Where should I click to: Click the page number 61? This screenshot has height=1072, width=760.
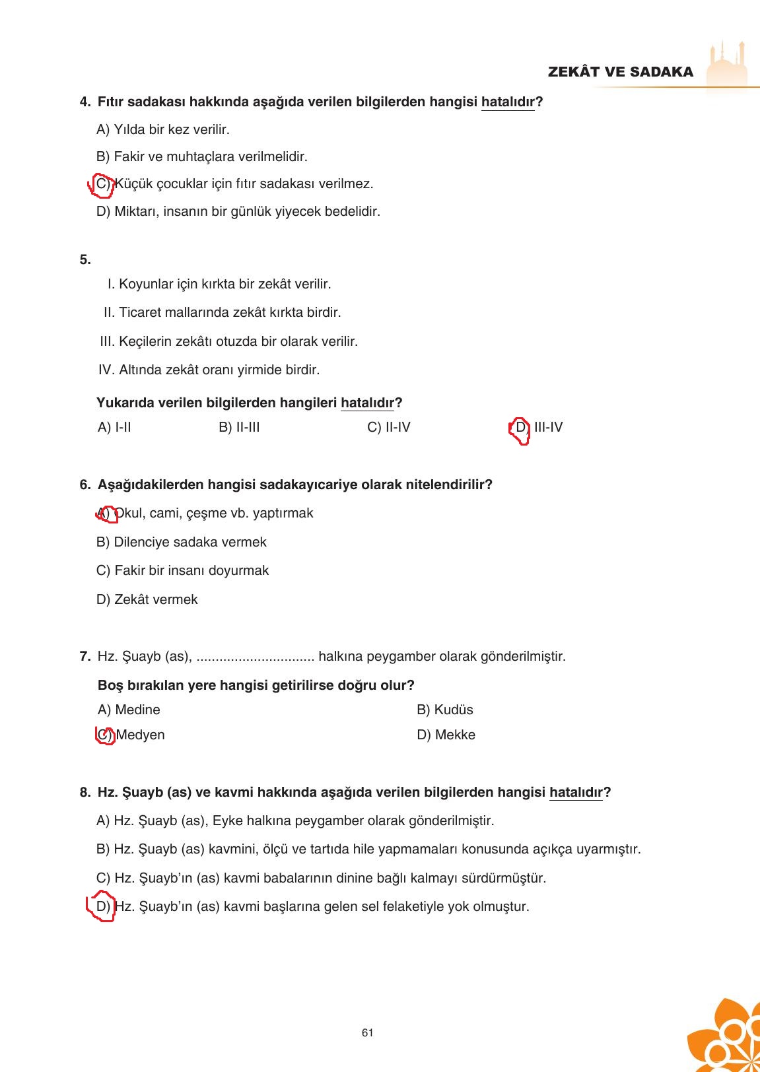tap(368, 1033)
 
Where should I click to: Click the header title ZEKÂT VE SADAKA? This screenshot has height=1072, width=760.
tap(620, 72)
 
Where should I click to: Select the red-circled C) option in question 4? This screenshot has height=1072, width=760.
tap(102, 184)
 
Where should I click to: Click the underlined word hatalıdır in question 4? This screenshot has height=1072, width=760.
tap(507, 102)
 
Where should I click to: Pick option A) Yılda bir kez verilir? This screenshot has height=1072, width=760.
tap(163, 129)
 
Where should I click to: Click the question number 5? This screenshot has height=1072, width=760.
tap(85, 259)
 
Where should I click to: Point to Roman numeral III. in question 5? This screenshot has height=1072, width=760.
tap(107, 342)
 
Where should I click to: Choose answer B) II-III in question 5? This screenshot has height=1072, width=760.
tap(239, 427)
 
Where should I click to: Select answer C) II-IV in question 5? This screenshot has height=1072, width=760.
tap(388, 427)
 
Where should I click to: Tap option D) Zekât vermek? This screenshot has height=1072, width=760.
tap(147, 599)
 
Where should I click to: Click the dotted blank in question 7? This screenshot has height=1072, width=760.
tap(255, 657)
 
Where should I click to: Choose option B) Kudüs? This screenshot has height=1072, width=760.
tap(444, 710)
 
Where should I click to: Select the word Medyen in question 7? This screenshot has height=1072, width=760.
tap(140, 735)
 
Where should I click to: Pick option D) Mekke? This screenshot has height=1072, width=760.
tap(446, 735)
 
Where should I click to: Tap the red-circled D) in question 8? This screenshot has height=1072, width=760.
tap(102, 906)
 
